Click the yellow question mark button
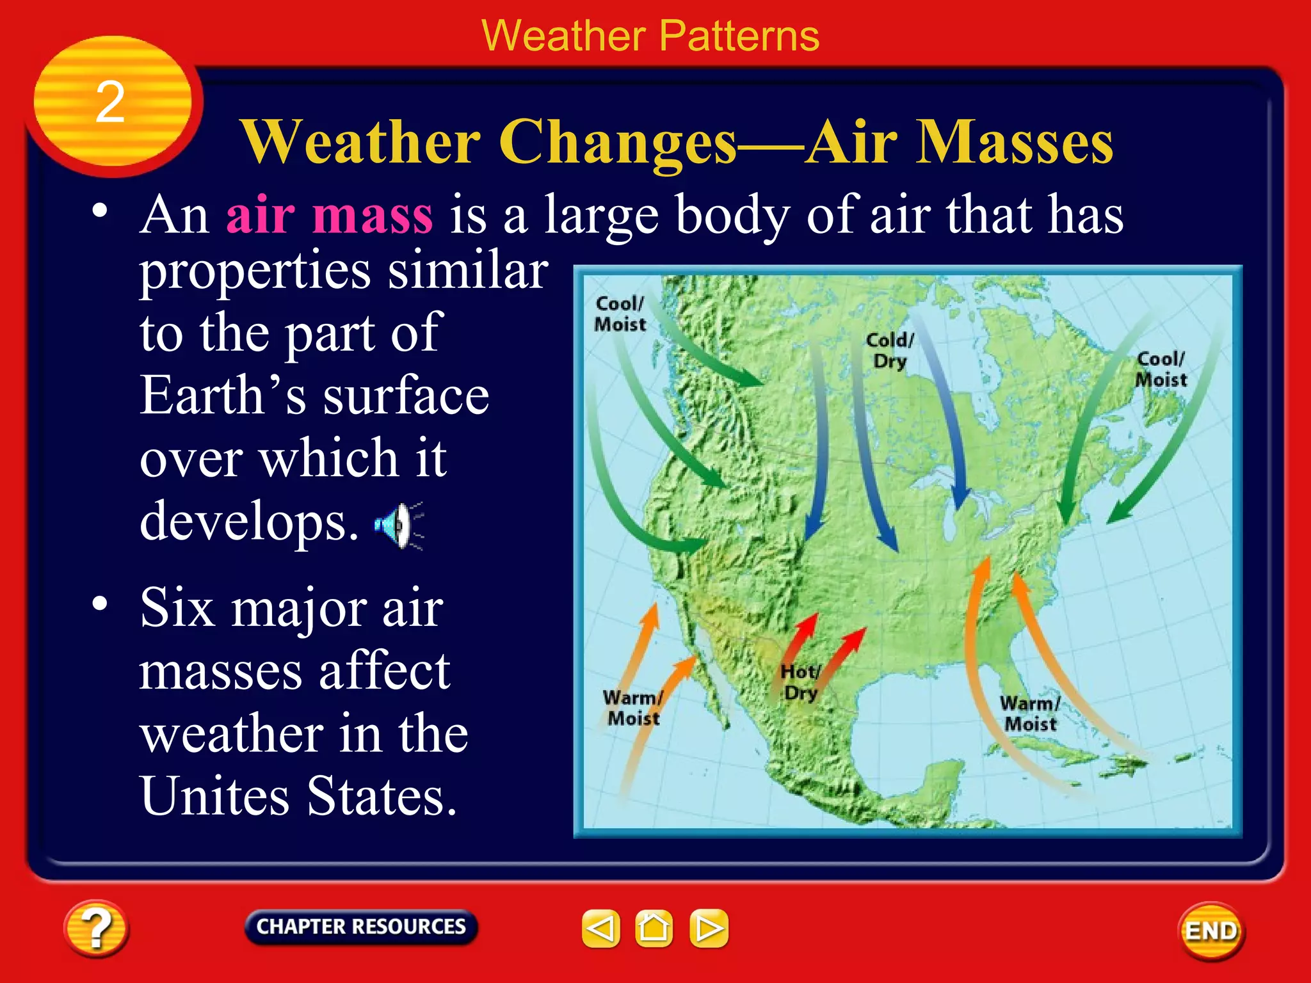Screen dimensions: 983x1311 (96, 928)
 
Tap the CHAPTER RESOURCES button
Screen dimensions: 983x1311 (360, 927)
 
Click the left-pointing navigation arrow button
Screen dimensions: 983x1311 (600, 928)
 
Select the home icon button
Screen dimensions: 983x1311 (654, 928)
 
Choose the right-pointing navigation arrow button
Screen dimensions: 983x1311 (709, 928)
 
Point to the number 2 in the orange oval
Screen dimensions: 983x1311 (110, 102)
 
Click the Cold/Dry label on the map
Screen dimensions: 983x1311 (890, 350)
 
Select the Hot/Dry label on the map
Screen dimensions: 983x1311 (800, 682)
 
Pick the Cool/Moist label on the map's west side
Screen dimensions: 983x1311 (620, 314)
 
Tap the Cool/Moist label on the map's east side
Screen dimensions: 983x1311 (1161, 369)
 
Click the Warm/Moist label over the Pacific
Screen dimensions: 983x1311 (632, 708)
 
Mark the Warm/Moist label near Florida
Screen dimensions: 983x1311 (1030, 714)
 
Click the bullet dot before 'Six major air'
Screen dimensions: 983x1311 (99, 603)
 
